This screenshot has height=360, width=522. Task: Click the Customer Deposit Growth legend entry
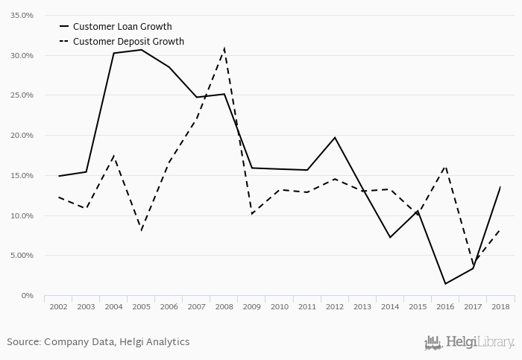pyautogui.click(x=128, y=42)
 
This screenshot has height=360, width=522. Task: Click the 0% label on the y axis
pyautogui.click(x=28, y=296)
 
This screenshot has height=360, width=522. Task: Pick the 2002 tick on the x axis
pyautogui.click(x=57, y=306)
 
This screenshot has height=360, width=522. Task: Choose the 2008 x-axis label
pyautogui.click(x=224, y=306)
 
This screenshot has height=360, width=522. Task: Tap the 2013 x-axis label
pyautogui.click(x=362, y=306)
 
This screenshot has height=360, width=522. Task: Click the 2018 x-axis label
pyautogui.click(x=500, y=306)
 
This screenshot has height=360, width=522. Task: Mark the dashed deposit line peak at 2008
pyautogui.click(x=224, y=49)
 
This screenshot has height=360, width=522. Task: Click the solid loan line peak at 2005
pyautogui.click(x=142, y=50)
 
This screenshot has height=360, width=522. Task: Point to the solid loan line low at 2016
pyautogui.click(x=445, y=284)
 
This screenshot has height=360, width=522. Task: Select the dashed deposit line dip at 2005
pyautogui.click(x=142, y=230)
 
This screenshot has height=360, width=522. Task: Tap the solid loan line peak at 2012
pyautogui.click(x=335, y=137)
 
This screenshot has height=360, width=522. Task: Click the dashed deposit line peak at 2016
pyautogui.click(x=445, y=165)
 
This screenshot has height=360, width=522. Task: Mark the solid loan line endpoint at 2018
pyautogui.click(x=500, y=187)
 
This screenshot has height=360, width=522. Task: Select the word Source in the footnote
pyautogui.click(x=23, y=342)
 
